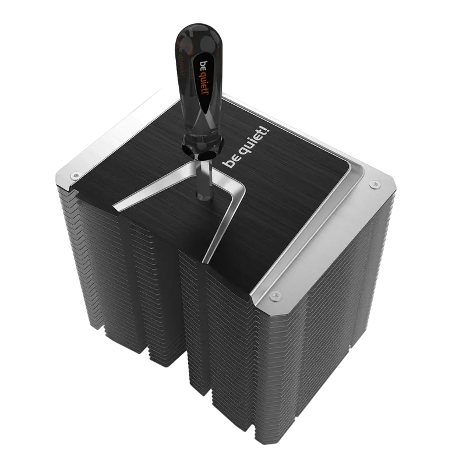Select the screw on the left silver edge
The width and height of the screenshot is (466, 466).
pyautogui.click(x=74, y=175)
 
